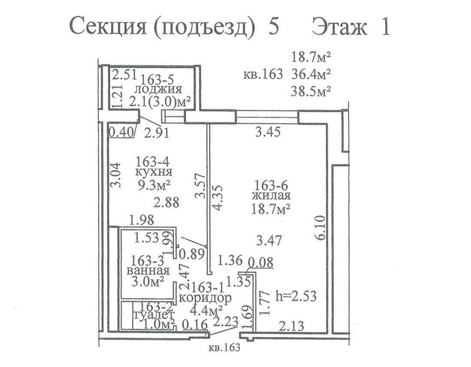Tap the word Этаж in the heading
coord(339,27)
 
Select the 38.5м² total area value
coord(311,91)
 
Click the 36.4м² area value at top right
coord(311,74)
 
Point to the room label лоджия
coord(158,89)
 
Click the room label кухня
coord(154,173)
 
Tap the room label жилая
coord(271,195)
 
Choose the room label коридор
coord(205,298)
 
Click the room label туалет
coord(153,314)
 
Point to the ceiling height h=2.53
coord(296,296)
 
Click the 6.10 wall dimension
coord(321,227)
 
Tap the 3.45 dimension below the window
coord(268,132)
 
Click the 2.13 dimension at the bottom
coord(292,326)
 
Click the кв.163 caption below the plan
coord(224,348)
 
